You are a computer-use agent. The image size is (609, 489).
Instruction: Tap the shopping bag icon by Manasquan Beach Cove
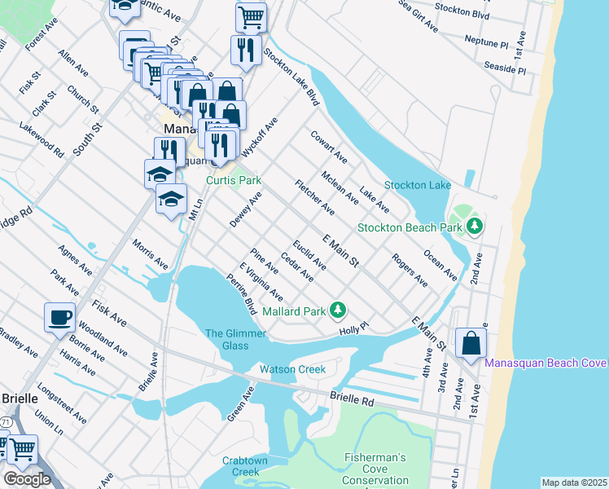pyautogui.click(x=471, y=343)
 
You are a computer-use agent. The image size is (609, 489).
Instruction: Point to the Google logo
pyautogui.click(x=27, y=479)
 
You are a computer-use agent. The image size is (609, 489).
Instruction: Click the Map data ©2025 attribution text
pyautogui.click(x=574, y=482)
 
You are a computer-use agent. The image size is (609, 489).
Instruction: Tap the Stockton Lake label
pyautogui.click(x=418, y=186)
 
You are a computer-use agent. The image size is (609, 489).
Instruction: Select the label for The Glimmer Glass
pyautogui.click(x=226, y=339)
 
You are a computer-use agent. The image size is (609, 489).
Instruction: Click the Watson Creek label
pyautogui.click(x=292, y=369)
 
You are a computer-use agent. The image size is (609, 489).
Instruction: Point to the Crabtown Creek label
pyautogui.click(x=240, y=466)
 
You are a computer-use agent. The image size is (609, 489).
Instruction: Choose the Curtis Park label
pyautogui.click(x=233, y=179)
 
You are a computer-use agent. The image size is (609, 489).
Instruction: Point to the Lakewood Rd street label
pyautogui.click(x=41, y=139)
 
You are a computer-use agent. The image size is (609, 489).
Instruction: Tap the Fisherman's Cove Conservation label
pyautogui.click(x=375, y=469)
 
